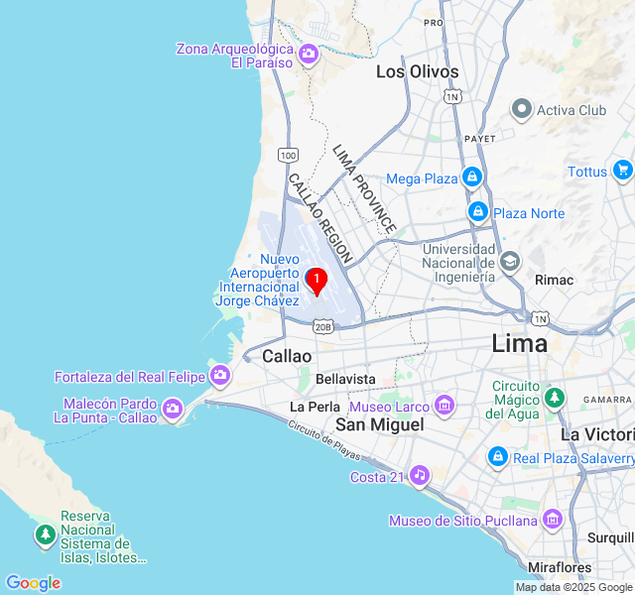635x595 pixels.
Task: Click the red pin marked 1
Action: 317,281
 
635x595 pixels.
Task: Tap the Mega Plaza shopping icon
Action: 472,178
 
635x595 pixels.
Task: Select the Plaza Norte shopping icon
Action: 478,212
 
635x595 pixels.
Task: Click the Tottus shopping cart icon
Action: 622,171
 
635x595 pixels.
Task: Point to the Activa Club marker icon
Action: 522,110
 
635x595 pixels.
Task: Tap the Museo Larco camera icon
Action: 444,406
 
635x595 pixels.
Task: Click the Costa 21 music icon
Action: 420,476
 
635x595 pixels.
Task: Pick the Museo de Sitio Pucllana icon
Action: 552,520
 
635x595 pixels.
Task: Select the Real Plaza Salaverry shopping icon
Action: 498,457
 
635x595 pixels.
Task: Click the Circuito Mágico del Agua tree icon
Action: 555,398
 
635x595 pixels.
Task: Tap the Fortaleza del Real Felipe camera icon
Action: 220,376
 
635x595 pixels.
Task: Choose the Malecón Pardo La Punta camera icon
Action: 173,410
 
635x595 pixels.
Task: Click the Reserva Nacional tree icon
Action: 45,535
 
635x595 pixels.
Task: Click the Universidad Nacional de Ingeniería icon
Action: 510,262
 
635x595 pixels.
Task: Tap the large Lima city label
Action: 520,344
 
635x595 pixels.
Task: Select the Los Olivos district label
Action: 417,71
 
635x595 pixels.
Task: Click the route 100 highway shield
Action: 288,155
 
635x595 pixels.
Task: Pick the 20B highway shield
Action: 323,325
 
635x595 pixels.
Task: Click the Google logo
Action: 33,583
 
